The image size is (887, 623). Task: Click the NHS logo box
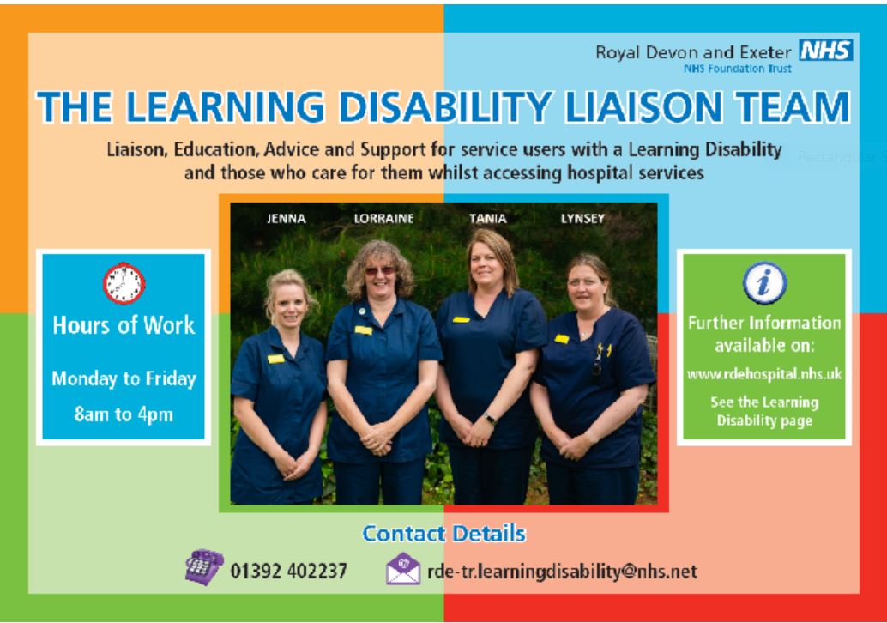[x=826, y=50]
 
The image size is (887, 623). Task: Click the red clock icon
[x=124, y=283]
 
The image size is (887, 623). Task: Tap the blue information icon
[x=764, y=282]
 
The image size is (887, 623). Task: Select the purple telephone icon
[x=203, y=566]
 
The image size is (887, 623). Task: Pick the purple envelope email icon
[x=403, y=569]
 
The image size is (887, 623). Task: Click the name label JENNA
[x=287, y=219]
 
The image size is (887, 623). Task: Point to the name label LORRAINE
[x=383, y=219]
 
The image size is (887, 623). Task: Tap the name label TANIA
[x=487, y=219]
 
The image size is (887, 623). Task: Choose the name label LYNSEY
[x=582, y=219]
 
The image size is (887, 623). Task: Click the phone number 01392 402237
[x=288, y=571]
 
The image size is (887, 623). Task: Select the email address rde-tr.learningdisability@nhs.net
[x=562, y=572]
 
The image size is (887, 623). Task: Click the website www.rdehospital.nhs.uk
[x=764, y=374]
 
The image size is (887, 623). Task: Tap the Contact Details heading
[x=444, y=534]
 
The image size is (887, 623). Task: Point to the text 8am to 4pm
[x=124, y=414]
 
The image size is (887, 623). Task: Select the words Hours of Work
[x=124, y=325]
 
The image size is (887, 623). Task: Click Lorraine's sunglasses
[x=379, y=271]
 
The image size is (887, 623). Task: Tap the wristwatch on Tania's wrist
[x=489, y=418]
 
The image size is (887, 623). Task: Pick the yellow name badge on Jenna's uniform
[x=275, y=359]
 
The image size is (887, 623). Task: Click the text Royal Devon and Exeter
[x=693, y=52]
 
